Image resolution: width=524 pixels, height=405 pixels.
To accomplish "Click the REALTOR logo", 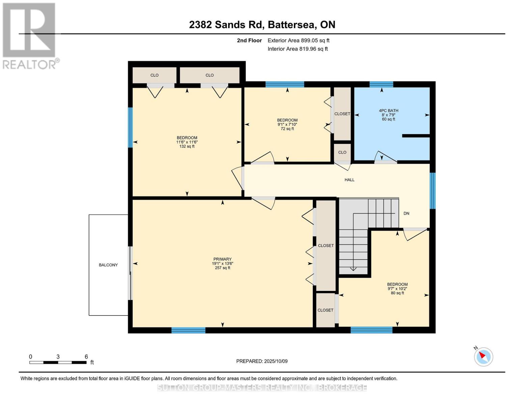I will coord(30,35).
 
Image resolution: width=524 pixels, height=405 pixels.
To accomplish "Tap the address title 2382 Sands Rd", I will coord(262,25).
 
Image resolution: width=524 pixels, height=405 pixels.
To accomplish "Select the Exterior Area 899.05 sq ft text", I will coord(298,40).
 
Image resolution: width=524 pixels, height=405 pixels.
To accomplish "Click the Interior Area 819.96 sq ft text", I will coord(298,49).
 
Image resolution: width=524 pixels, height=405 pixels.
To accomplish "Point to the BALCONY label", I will coord(108,265).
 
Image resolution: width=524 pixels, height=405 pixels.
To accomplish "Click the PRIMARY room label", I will coord(222,259).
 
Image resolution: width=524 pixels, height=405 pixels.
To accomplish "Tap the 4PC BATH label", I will coord(388,111).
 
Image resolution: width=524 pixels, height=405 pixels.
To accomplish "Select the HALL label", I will coord(349,180).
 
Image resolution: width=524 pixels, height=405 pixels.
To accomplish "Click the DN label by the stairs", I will coord(406,213).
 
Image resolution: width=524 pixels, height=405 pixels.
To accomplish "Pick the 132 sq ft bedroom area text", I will coord(187,146).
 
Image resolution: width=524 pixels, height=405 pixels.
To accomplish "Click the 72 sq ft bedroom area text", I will coord(287,129).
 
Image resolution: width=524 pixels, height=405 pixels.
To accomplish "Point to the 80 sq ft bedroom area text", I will coord(397,293).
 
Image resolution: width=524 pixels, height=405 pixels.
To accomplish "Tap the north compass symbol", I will coord(483,356).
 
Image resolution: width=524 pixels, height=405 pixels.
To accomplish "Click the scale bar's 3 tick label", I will coord(58,357).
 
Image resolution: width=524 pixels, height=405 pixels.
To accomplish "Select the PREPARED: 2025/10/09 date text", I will coord(262,361).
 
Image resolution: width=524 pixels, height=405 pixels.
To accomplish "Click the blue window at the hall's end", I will coord(433,191).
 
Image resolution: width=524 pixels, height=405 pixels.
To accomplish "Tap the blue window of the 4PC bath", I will coord(381,84).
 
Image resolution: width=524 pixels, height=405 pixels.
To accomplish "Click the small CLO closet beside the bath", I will coord(342,152).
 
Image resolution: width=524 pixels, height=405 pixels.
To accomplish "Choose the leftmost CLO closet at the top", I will coord(154,75).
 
